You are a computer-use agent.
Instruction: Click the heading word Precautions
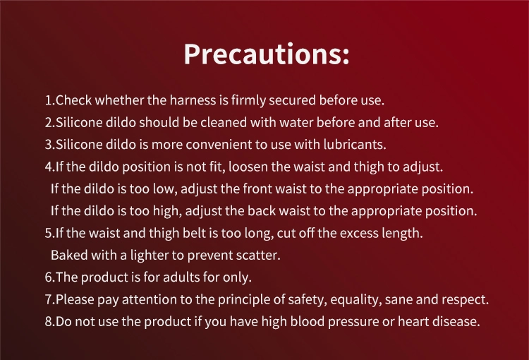pos(266,54)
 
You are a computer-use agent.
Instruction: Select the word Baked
pos(68,255)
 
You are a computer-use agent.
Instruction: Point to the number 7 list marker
pos(49,299)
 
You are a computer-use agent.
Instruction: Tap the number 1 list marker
pos(48,100)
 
